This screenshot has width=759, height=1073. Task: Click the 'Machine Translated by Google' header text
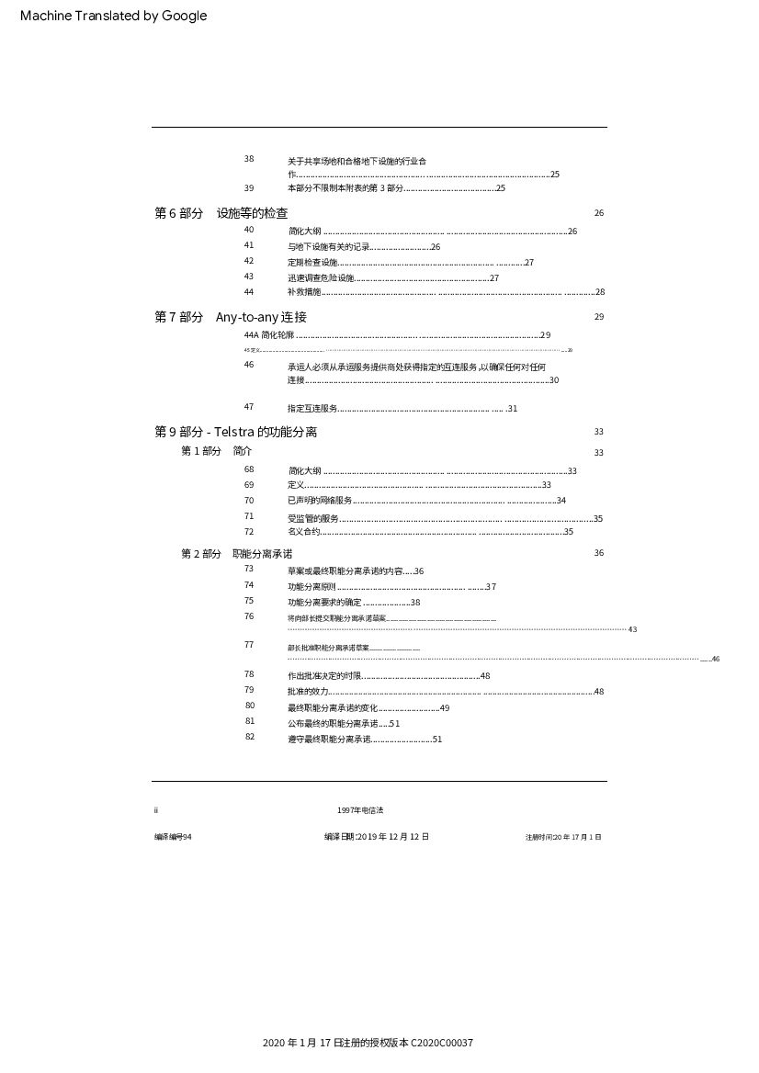coord(113,16)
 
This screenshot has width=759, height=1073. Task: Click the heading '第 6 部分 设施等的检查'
coord(221,213)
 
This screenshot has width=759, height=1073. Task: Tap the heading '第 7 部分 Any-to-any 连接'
coord(231,317)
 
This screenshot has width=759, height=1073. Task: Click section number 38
coord(249,159)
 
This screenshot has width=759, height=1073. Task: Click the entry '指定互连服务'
coord(312,409)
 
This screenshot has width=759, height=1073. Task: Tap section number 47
coord(249,407)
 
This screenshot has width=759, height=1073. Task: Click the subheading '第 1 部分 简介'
coord(216,451)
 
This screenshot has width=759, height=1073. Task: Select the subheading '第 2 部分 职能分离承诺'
coord(236,554)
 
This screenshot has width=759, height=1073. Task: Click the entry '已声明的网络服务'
coord(320,501)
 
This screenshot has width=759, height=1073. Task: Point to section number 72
coord(249,532)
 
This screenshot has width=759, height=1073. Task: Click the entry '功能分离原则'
coord(312,587)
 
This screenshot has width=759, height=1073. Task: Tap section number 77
coord(249,645)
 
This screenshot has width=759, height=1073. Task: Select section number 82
coord(250,737)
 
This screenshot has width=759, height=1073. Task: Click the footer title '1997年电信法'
coord(360,810)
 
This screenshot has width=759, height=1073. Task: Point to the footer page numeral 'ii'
coord(156,810)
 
